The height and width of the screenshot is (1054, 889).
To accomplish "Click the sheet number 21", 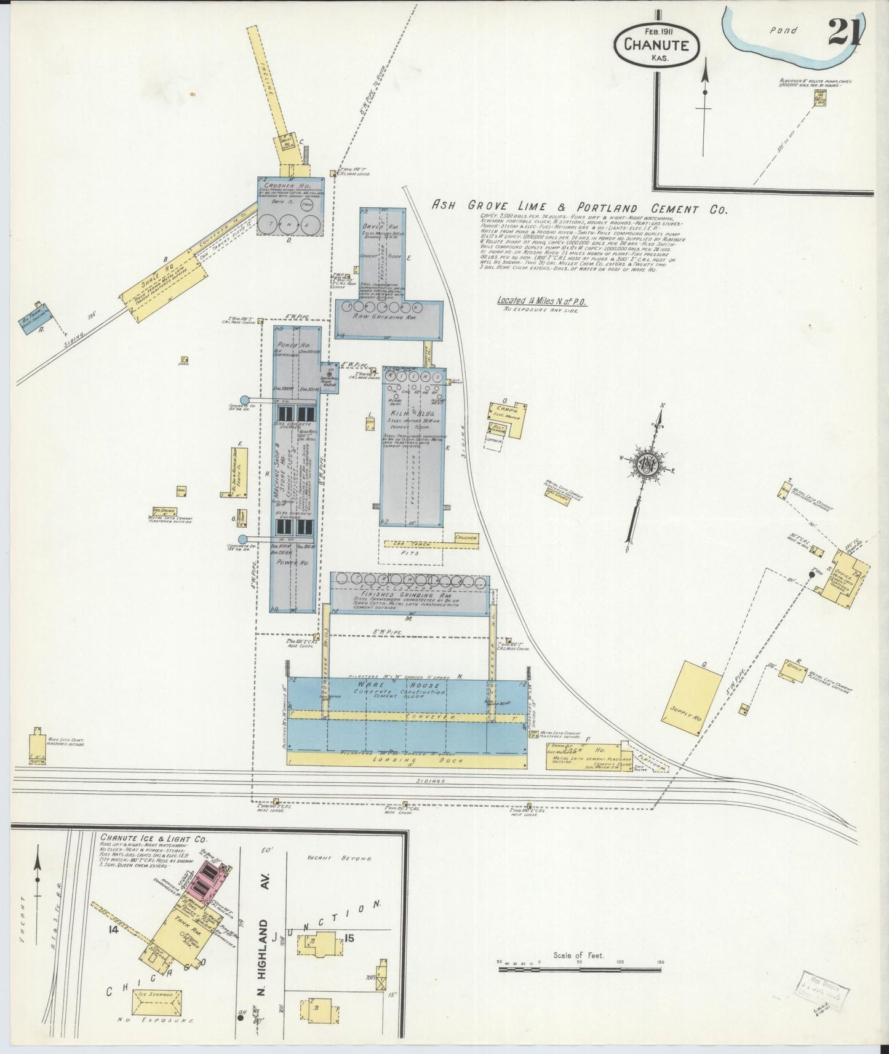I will [843, 31].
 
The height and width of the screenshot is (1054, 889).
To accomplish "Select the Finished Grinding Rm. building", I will [410, 596].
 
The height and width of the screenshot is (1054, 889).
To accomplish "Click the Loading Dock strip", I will [407, 760].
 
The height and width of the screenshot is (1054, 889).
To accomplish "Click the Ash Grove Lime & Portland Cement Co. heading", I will [578, 208].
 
